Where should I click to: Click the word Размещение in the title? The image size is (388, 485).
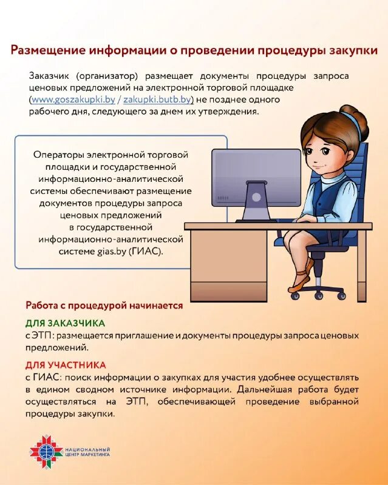click(x=50, y=50)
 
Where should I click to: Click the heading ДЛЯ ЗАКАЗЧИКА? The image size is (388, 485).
click(x=65, y=323)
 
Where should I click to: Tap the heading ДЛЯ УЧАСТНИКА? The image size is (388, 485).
click(x=66, y=365)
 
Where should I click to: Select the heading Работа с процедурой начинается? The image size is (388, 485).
click(x=104, y=306)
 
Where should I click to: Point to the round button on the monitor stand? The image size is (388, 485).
click(x=256, y=197)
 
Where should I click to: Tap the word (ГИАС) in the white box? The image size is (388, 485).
click(x=147, y=250)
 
